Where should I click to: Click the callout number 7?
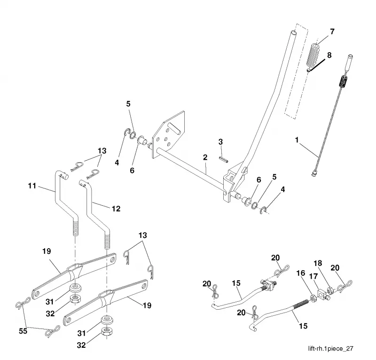[x=332, y=31]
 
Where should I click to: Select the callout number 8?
[x=329, y=55]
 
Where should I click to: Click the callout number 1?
[x=297, y=140]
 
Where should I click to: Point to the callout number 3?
[x=220, y=142]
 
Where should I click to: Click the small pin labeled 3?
[x=224, y=159]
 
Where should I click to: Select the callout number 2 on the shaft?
[x=205, y=157]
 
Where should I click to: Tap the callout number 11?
[x=32, y=186]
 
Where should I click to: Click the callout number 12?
[x=116, y=209]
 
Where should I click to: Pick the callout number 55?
[x=23, y=331]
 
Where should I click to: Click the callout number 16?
[x=301, y=273]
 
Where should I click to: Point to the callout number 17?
[x=313, y=276]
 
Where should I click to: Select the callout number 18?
[x=318, y=263]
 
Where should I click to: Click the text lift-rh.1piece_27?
[x=331, y=349]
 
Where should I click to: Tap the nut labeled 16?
[x=313, y=298]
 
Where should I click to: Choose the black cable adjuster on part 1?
[x=344, y=82]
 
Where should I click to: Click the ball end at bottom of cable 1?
[x=313, y=173]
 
